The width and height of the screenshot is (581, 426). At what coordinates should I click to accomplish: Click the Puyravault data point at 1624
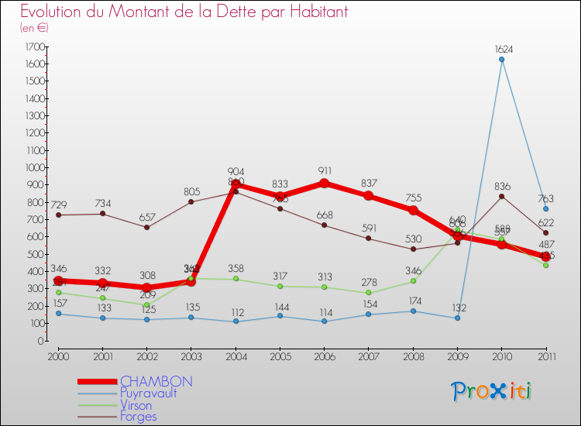pos(501,60)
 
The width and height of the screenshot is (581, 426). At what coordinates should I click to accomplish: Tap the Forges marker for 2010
pos(501,196)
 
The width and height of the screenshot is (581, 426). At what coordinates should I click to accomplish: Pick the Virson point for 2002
pos(146,304)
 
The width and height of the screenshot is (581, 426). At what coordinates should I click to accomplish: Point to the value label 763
pos(545,198)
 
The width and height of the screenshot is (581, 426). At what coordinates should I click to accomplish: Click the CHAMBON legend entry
pos(156,382)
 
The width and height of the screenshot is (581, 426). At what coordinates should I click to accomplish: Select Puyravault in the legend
pos(148,393)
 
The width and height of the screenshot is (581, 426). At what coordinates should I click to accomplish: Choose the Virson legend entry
pos(136,405)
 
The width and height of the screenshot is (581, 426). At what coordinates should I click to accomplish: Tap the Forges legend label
pos(138,417)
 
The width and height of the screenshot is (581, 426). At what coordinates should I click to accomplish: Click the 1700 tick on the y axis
pos(34,46)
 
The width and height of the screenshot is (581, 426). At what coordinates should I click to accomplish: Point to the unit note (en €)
pos(34,27)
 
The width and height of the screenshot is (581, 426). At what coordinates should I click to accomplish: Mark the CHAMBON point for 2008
pos(413,211)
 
